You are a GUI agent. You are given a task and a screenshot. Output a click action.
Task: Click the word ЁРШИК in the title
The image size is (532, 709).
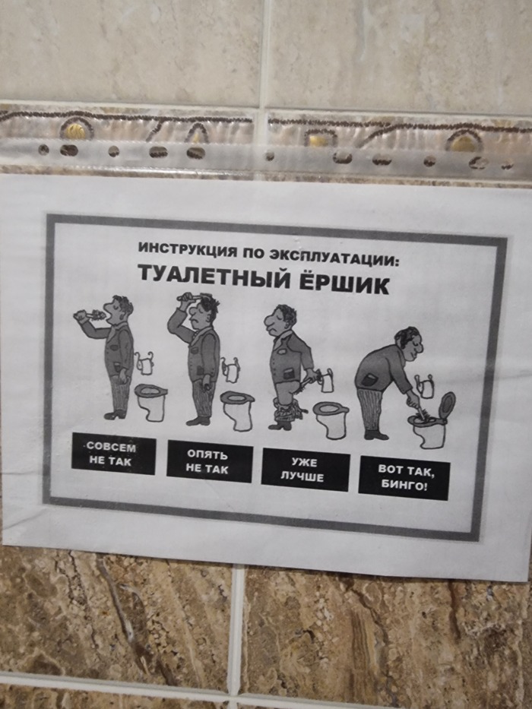pyautogui.click(x=344, y=283)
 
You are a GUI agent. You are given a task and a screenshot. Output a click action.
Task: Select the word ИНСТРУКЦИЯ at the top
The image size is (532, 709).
pyautogui.click(x=187, y=249)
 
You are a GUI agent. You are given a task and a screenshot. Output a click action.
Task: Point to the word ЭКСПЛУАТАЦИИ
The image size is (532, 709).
pyautogui.click(x=334, y=258)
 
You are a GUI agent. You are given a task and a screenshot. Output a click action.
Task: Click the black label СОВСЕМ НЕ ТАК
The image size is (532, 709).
pyautogui.click(x=113, y=454)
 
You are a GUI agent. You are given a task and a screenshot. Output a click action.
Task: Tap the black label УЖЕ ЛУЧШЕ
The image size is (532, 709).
pyautogui.click(x=306, y=470)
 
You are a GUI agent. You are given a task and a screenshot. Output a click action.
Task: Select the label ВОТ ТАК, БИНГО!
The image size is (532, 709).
pyautogui.click(x=404, y=478)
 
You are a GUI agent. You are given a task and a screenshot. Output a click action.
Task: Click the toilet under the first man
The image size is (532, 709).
pyautogui.click(x=151, y=402)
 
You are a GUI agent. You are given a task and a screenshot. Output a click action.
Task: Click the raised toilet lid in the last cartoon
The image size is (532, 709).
pyautogui.click(x=447, y=405)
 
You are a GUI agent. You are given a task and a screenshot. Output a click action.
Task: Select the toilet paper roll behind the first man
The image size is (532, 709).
pyautogui.click(x=144, y=363)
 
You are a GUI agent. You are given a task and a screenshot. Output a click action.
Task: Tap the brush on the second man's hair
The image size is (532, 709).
pyautogui.click(x=190, y=297)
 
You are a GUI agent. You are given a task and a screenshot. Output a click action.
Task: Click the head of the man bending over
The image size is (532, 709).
pyautogui.click(x=410, y=343)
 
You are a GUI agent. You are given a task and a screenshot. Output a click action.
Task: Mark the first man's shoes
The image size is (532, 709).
pyautogui.click(x=116, y=415)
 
